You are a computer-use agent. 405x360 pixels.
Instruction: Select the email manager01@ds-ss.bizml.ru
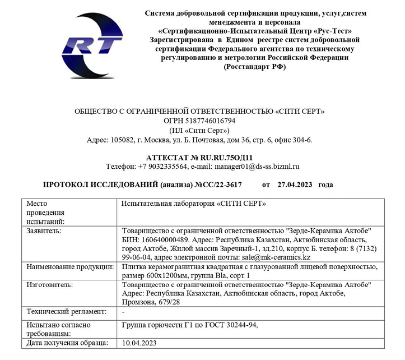[x=257, y=167]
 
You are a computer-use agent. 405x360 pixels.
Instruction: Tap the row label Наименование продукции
[x=67, y=266]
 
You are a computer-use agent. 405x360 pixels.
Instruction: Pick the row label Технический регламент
[x=67, y=311]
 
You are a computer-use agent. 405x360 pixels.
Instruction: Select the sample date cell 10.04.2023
[x=139, y=343]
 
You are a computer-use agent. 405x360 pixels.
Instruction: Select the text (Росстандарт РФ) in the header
[x=254, y=66]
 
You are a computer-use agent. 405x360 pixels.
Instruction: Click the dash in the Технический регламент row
[x=124, y=311]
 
